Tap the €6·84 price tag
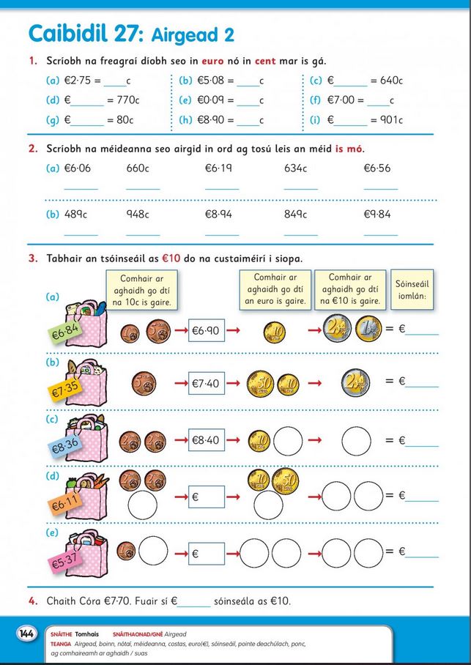point(64,332)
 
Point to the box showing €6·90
point(206,330)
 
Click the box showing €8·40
point(206,440)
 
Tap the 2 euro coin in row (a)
point(337,330)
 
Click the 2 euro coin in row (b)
point(355,382)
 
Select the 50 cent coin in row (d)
point(285,481)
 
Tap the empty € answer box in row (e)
point(206,554)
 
